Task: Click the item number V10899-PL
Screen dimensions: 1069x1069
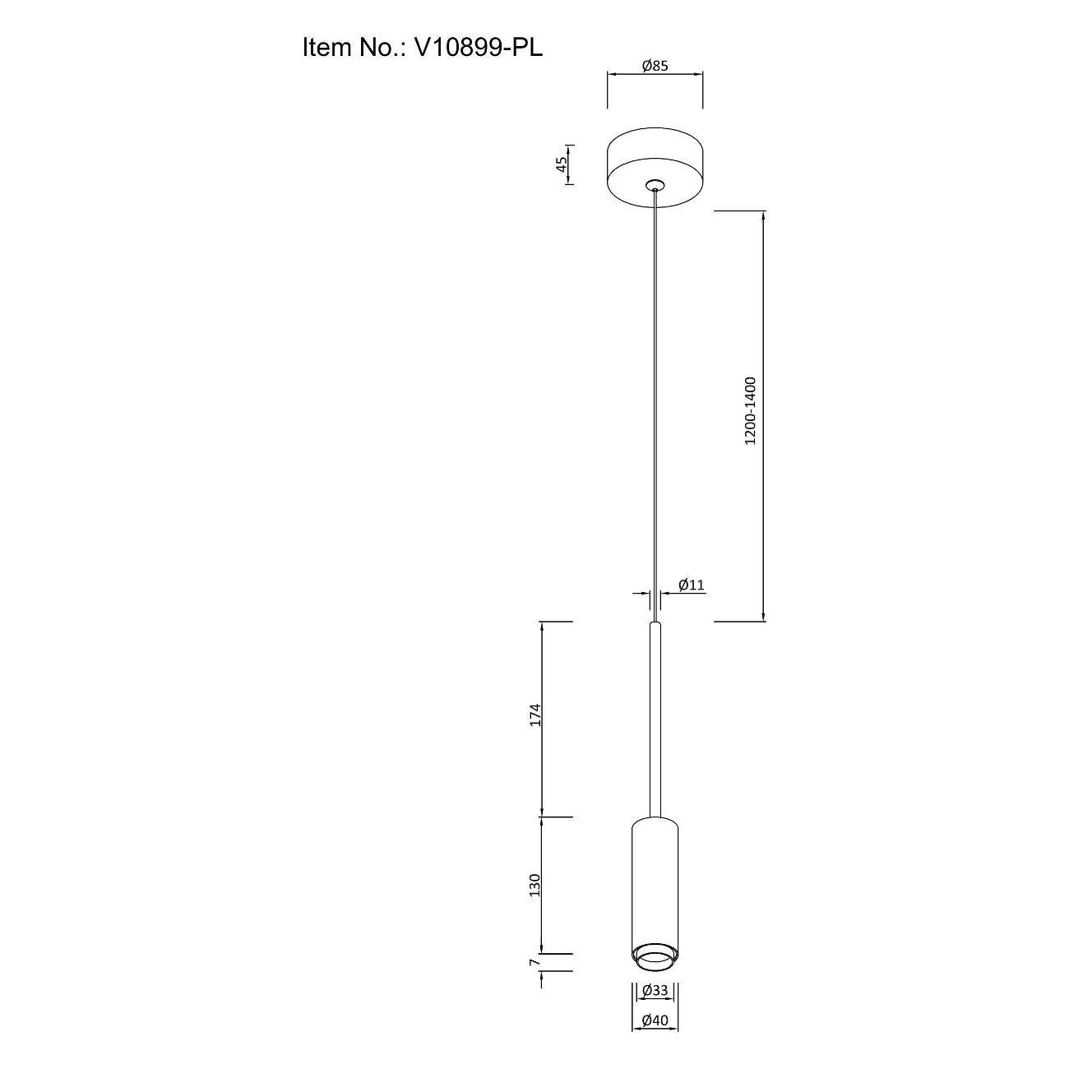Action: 479,49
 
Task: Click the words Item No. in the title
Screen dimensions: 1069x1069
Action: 350,49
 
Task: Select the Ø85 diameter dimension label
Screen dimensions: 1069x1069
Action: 655,66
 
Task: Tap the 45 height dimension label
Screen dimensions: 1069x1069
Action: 562,164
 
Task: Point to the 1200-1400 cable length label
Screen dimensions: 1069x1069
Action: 750,410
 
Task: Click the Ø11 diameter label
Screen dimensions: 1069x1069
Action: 692,584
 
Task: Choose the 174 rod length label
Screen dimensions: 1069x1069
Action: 534,715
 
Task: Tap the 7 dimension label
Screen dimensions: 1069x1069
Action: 534,978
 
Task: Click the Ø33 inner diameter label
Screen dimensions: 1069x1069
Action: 655,1006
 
